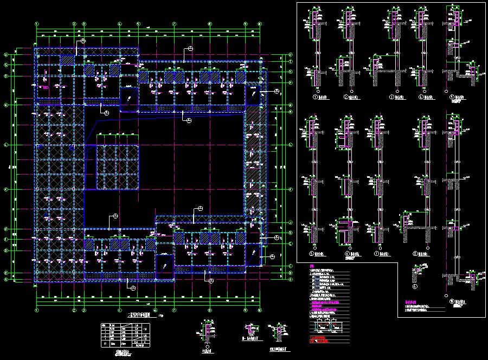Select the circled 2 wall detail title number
pyautogui.click(x=345, y=98)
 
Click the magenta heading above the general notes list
pyautogui.click(x=311, y=266)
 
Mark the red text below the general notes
pyautogui.click(x=320, y=340)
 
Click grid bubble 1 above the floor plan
pyautogui.click(x=37, y=24)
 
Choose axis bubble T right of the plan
pyautogui.click(x=291, y=54)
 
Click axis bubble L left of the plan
pyautogui.click(x=5, y=145)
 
